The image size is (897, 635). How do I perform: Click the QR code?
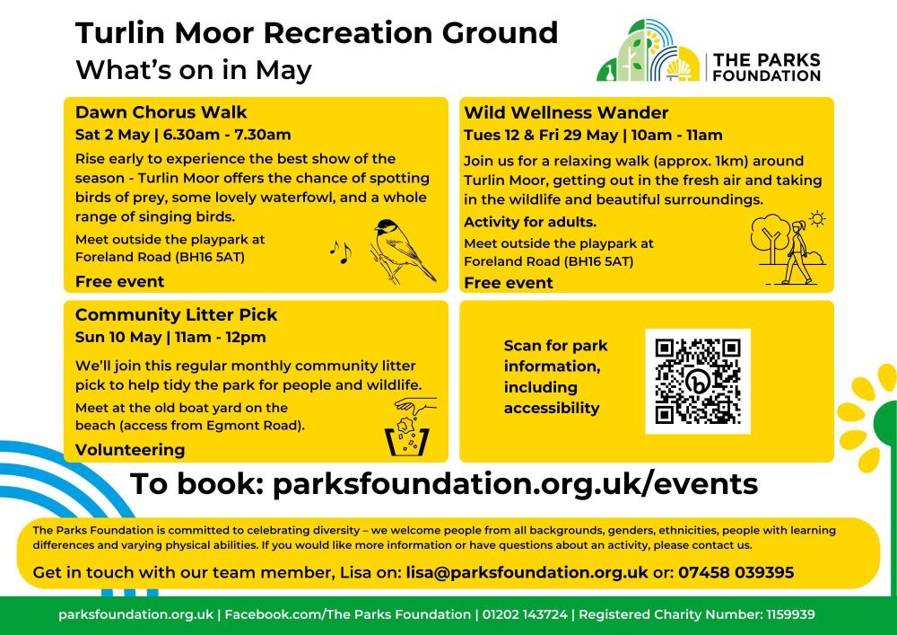tap(698, 381)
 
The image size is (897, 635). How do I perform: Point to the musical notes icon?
tap(340, 251)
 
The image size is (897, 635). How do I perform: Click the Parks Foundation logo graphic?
tap(649, 51)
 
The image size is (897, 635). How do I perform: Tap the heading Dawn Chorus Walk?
tap(161, 112)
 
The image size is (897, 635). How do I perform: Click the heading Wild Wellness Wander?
tap(566, 112)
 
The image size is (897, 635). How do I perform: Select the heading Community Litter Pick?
tap(177, 314)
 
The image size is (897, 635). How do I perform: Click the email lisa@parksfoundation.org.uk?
tap(527, 572)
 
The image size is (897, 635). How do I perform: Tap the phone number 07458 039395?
tap(736, 572)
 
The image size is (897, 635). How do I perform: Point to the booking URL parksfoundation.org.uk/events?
tap(515, 484)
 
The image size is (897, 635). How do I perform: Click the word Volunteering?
tap(130, 450)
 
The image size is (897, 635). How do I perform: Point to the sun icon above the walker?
tap(816, 217)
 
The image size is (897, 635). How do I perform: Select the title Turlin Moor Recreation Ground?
tap(317, 32)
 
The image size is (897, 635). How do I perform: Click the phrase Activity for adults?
tap(530, 222)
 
